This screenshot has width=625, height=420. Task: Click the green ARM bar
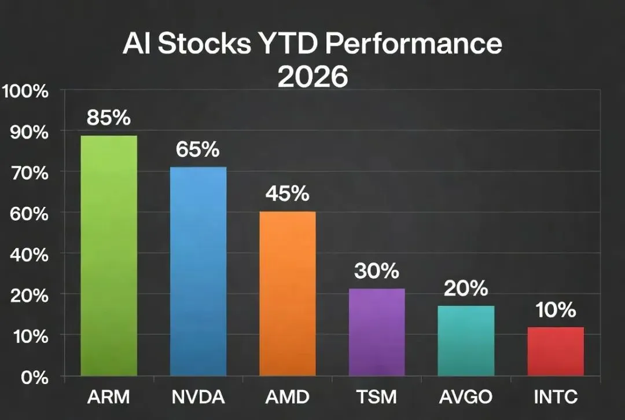tap(109, 255)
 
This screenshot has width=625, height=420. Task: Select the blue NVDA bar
tap(198, 271)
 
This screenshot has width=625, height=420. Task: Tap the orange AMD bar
tap(288, 294)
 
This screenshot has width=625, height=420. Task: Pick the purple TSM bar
tap(377, 333)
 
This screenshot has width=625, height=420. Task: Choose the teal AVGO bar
tap(466, 341)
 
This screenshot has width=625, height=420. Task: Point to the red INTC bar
tap(556, 352)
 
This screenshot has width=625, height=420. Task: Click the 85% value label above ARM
tap(109, 118)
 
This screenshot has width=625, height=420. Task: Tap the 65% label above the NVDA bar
tap(198, 149)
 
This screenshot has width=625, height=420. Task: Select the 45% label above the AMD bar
tap(288, 193)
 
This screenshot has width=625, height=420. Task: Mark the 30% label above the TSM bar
tap(377, 271)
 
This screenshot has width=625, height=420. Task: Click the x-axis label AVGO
tap(466, 397)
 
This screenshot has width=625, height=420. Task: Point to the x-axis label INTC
tap(556, 397)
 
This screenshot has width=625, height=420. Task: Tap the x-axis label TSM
tap(377, 397)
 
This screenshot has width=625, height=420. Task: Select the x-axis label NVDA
tap(198, 397)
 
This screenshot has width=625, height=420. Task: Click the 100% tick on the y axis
tap(25, 92)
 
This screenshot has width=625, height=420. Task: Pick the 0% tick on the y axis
tap(35, 377)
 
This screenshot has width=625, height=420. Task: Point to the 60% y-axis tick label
tap(30, 214)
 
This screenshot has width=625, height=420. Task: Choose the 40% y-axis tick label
tap(30, 255)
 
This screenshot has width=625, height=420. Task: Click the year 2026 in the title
tap(313, 76)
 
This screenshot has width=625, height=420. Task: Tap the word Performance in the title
tap(414, 43)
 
